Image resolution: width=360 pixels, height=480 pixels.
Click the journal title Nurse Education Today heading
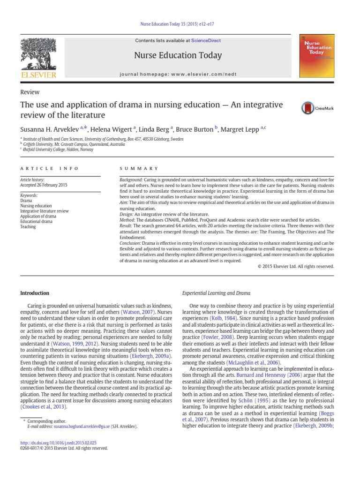point(178,55)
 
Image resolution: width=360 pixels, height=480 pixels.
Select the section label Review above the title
point(30,92)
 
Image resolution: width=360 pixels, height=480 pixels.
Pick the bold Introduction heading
point(35,293)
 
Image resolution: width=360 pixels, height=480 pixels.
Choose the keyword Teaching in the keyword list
point(28,226)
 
